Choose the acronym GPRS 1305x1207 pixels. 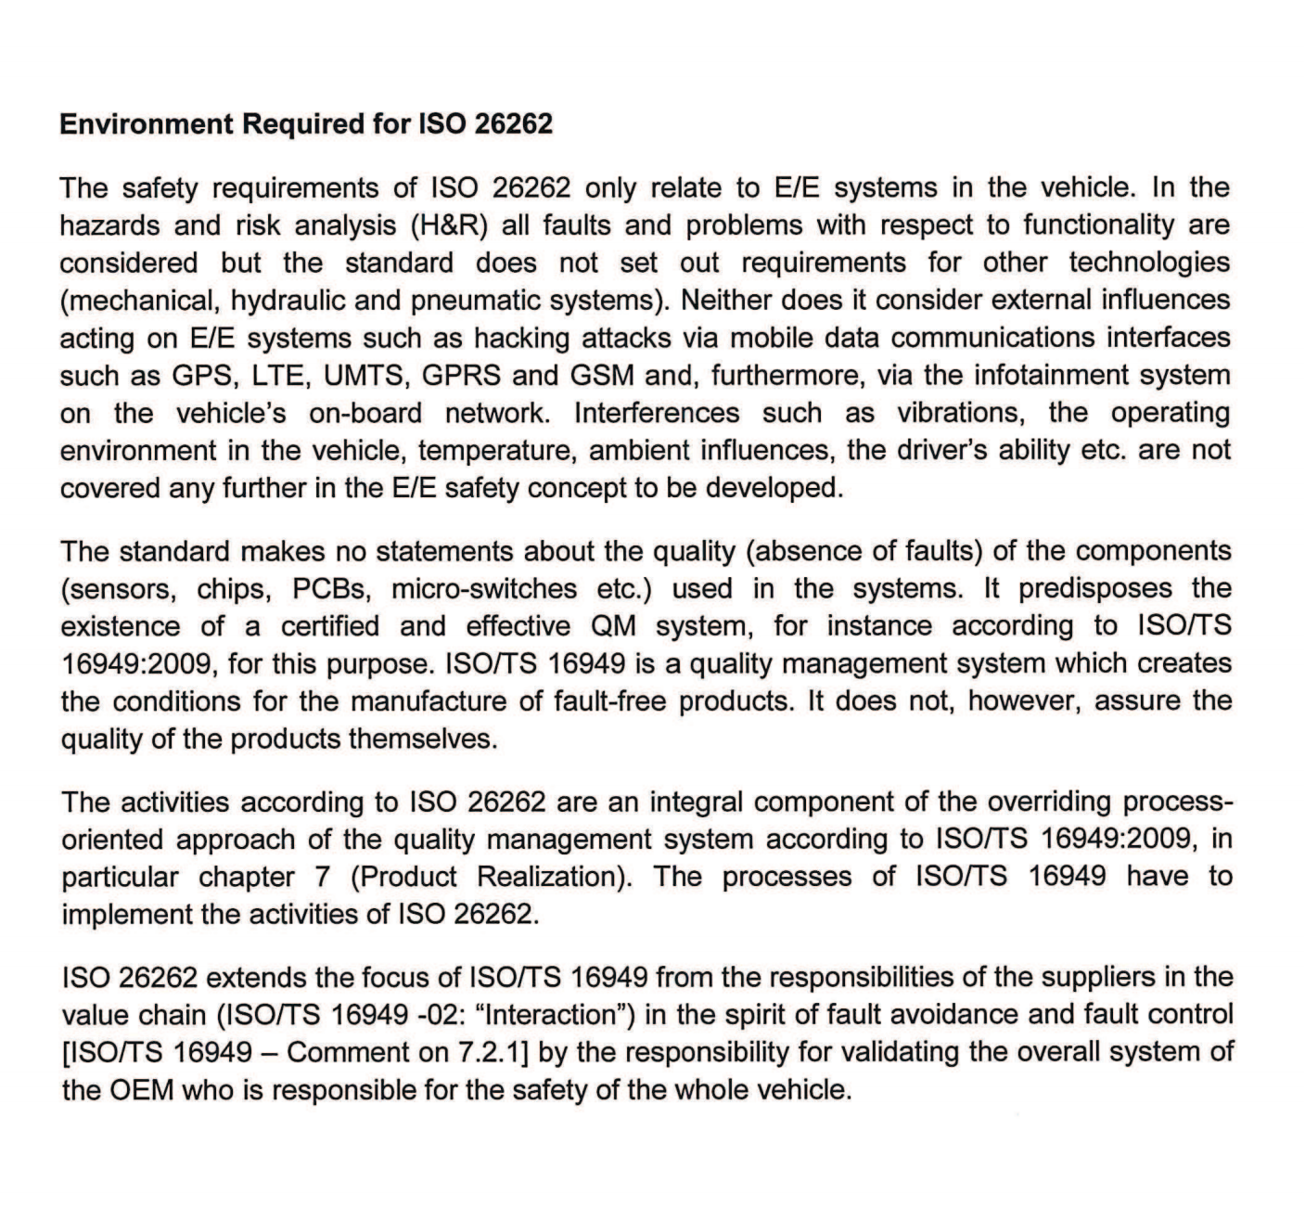(461, 376)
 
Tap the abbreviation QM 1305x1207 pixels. (613, 626)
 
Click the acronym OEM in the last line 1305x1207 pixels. (142, 1090)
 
